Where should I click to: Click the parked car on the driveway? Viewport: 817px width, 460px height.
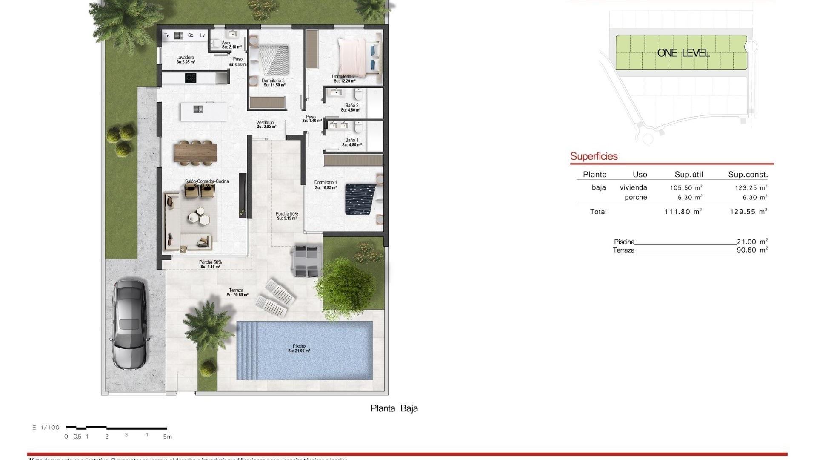[x=129, y=325]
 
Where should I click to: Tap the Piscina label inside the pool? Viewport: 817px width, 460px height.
[x=299, y=347]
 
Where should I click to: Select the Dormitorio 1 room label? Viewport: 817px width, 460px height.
[x=326, y=183]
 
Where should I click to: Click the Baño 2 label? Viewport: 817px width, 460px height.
[x=351, y=106]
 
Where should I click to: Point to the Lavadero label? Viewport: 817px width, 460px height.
[x=185, y=58]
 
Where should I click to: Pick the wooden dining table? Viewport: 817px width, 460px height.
[x=196, y=152]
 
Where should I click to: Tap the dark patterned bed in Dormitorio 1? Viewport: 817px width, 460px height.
[x=360, y=199]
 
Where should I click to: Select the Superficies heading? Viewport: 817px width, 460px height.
[x=594, y=156]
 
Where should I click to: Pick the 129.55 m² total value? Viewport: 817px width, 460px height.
[x=748, y=212]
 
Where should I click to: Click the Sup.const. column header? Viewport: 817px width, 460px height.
[x=748, y=174]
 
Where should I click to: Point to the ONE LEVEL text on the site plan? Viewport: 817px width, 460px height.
[x=683, y=53]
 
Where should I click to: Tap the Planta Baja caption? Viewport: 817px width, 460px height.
[x=394, y=408]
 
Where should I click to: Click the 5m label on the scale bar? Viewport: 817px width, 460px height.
[x=167, y=437]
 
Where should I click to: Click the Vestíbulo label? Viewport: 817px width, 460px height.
[x=265, y=123]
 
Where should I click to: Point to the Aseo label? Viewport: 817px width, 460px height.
[x=226, y=43]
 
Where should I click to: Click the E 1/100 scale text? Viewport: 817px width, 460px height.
[x=46, y=427]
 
